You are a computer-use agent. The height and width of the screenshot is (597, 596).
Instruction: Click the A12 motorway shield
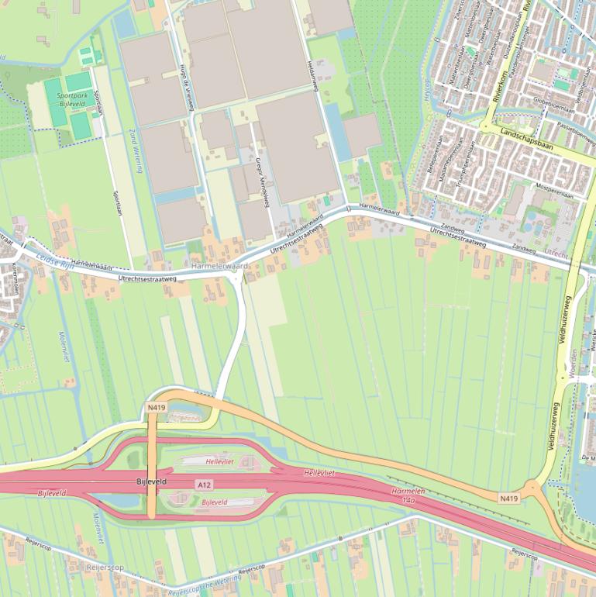click(x=204, y=485)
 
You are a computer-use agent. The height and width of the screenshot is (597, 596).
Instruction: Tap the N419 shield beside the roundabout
click(x=508, y=498)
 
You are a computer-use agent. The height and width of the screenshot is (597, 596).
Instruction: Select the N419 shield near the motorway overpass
click(x=156, y=407)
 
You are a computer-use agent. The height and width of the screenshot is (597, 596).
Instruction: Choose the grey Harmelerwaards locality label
click(x=221, y=266)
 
